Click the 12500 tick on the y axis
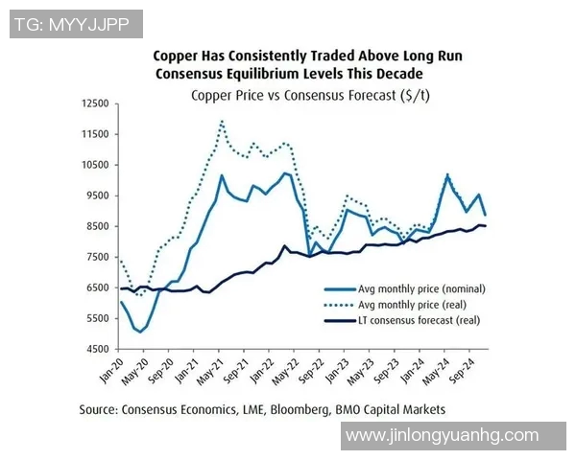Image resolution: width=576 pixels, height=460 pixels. [x=95, y=103]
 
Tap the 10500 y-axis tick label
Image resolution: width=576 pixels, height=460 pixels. [x=95, y=165]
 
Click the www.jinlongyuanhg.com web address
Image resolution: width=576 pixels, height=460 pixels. [x=442, y=435]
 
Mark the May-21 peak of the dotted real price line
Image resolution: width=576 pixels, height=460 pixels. [x=223, y=121]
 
